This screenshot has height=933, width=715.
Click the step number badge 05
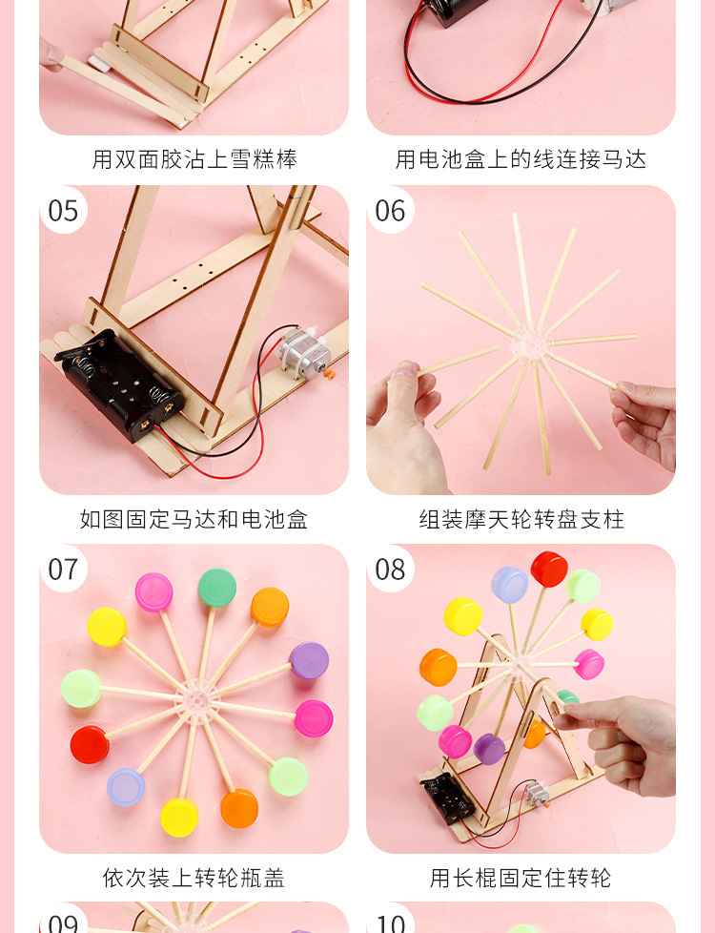(64, 210)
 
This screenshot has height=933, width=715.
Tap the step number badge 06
(391, 210)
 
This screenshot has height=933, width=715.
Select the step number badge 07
(64, 570)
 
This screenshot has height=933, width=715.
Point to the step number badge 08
(391, 570)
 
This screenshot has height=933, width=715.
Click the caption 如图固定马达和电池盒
(194, 520)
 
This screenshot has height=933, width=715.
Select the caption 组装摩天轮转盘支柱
(521, 520)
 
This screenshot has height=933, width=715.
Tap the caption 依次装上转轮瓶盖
(194, 878)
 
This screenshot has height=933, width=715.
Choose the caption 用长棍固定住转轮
(521, 878)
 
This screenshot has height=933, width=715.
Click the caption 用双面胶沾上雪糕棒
(194, 159)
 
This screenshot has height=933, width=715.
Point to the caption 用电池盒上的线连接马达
(521, 159)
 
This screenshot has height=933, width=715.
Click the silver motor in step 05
(304, 354)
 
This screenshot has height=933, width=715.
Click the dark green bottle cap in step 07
(217, 588)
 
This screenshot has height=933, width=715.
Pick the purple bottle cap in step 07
(309, 660)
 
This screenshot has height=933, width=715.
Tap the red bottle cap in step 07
(90, 744)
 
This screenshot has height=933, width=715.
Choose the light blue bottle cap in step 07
(126, 787)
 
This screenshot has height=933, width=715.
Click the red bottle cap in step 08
(549, 569)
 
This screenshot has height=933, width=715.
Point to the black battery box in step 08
(448, 800)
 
